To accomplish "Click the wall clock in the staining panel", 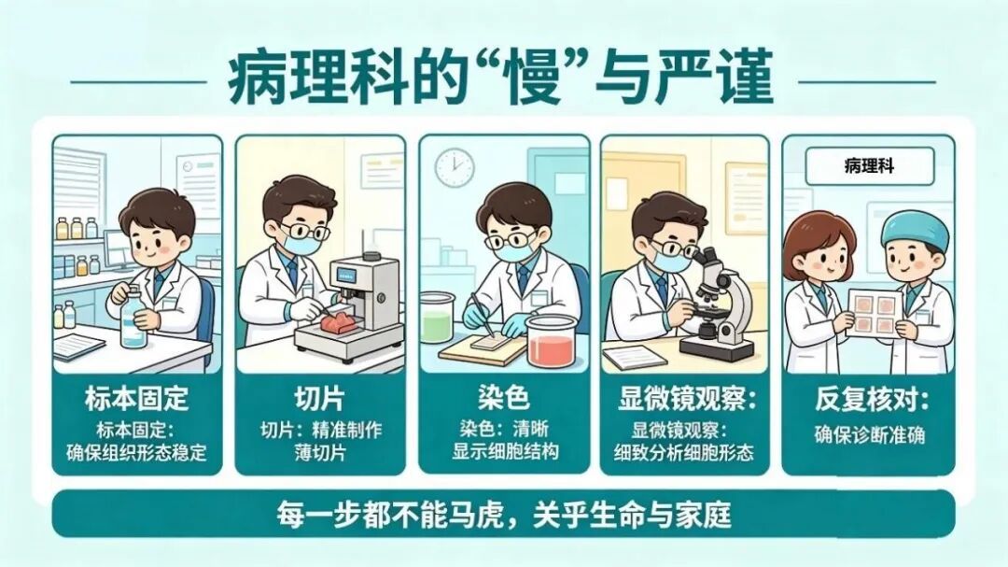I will point(454,166).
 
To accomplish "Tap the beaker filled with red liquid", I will point(552,339).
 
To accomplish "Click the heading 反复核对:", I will point(869,400).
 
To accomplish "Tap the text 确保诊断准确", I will point(869,434).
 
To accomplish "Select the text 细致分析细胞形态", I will point(686,453).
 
